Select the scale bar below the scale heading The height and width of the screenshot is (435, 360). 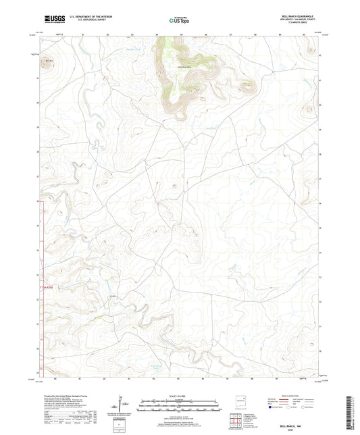(180, 406)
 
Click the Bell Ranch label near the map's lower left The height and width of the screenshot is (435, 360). (113, 295)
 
